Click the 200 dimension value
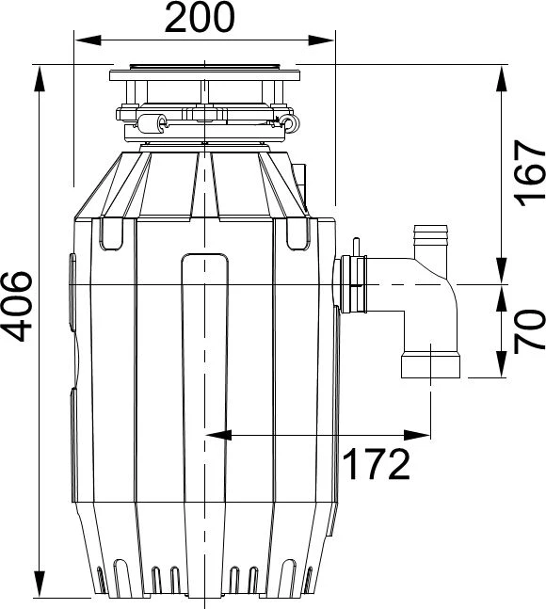click(x=200, y=18)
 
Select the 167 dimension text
click(x=529, y=173)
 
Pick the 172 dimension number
click(x=377, y=464)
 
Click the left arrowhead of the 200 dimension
click(x=88, y=40)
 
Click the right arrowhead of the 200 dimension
click(x=321, y=40)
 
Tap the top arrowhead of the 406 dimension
click(x=40, y=79)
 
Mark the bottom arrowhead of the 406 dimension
click(x=40, y=584)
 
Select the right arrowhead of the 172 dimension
click(x=417, y=436)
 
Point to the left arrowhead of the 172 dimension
click(x=218, y=436)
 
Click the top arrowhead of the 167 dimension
click(x=502, y=79)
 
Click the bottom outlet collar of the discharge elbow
click(x=430, y=364)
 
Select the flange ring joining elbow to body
click(x=353, y=284)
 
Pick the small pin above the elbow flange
click(x=356, y=247)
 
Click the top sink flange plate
click(x=204, y=75)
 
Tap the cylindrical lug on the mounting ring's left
click(x=153, y=123)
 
